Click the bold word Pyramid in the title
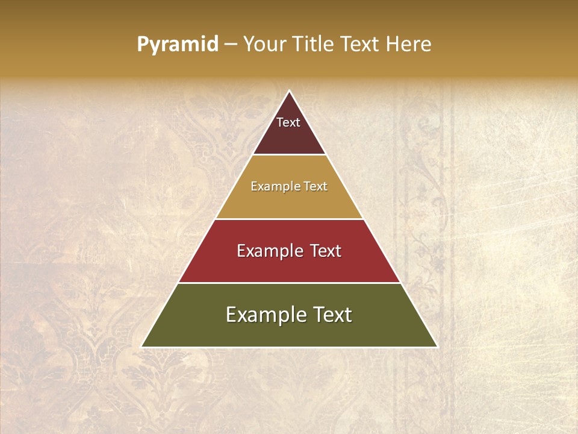(177, 45)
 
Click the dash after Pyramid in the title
(231, 45)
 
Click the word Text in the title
(360, 44)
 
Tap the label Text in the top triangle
(288, 122)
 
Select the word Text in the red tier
(326, 251)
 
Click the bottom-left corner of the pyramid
(142, 347)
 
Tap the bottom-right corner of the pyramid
(437, 347)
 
